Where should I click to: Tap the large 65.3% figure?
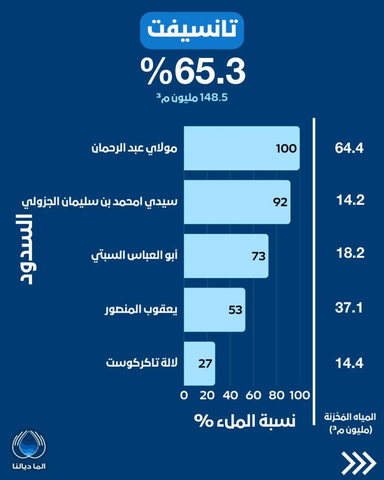(193, 71)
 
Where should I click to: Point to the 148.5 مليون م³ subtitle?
(193, 98)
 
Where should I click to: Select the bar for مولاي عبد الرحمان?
(241, 148)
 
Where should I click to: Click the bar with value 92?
(237, 202)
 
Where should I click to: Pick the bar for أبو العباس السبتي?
(226, 256)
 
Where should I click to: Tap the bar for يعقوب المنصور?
(214, 310)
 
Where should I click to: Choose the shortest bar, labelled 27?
(199, 364)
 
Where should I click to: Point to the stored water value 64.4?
(350, 149)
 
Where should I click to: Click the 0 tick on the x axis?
(184, 395)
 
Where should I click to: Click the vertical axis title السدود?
(23, 249)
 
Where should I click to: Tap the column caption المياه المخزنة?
(348, 416)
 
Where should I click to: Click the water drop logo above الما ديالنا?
(30, 444)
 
